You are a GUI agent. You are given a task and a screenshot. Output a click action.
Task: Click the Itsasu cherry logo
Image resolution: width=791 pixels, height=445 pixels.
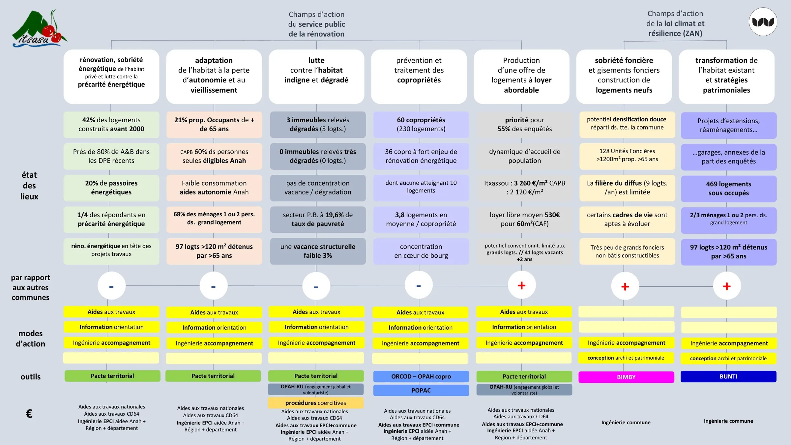coord(40,28)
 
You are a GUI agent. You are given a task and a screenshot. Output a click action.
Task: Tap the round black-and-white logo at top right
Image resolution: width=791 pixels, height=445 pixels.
coord(763,22)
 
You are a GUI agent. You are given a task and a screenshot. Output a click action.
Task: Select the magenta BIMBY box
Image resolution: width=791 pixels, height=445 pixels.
coord(626,377)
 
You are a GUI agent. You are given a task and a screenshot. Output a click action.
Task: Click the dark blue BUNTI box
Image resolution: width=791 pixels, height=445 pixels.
coord(728,376)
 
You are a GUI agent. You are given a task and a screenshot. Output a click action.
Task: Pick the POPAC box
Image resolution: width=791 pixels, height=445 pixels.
coord(421,390)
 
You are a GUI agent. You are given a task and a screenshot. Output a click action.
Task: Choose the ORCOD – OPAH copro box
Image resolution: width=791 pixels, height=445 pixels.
coord(421,376)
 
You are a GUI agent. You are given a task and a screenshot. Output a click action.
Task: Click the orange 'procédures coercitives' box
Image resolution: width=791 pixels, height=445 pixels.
coord(316,403)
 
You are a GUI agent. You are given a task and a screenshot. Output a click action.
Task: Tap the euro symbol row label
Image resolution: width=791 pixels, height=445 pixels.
coord(29,414)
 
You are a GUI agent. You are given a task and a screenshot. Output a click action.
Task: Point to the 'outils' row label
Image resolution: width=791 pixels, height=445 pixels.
coord(30,377)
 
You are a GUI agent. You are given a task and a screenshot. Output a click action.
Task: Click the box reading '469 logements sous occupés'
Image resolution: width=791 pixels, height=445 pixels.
coord(729,189)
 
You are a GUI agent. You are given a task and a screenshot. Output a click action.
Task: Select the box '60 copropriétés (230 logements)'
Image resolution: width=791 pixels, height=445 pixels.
coord(421,124)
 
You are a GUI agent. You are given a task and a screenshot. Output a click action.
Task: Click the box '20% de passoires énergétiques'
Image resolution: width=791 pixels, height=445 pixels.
coord(111,188)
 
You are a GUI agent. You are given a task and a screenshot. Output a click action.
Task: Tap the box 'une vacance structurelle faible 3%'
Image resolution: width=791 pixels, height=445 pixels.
coord(318,251)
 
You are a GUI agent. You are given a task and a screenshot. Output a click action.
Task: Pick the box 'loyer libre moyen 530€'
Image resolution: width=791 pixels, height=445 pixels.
coord(524,220)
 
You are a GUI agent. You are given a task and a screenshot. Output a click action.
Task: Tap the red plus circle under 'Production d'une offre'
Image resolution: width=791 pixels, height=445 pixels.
coord(521,285)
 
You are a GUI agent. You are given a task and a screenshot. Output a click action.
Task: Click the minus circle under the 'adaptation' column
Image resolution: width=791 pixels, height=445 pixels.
coord(214,286)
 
